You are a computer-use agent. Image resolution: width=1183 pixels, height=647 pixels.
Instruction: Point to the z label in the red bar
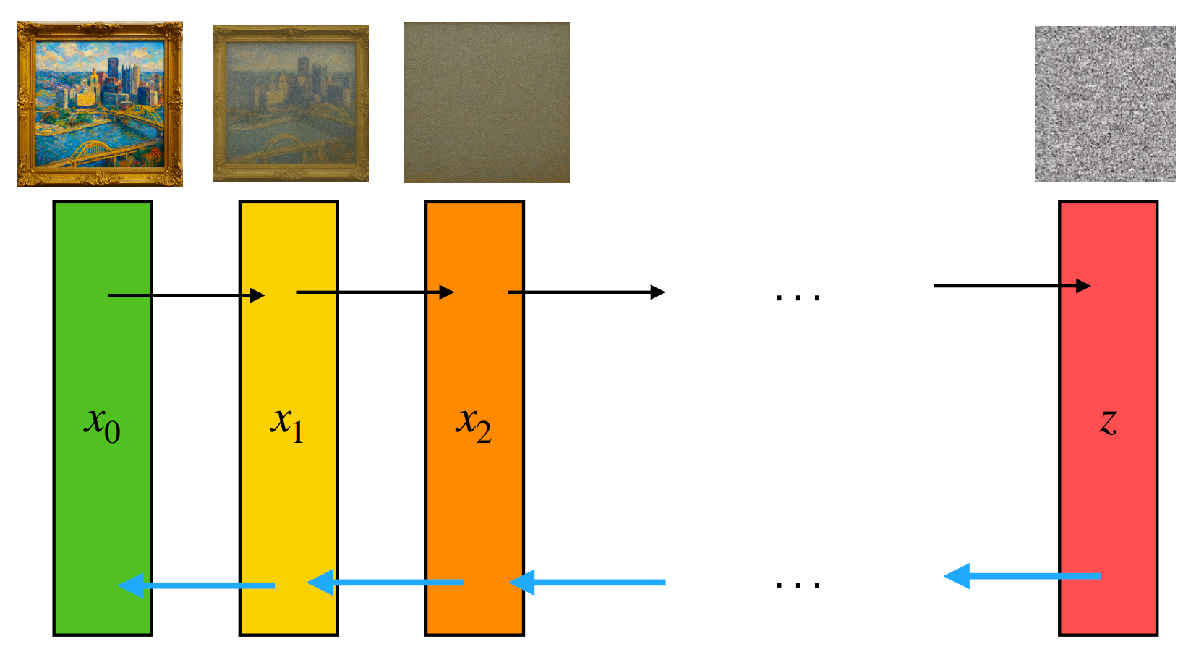point(1108,422)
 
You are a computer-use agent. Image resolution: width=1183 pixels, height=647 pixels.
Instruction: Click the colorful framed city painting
point(100,104)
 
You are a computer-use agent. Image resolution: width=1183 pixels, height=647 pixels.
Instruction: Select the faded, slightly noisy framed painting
point(291,103)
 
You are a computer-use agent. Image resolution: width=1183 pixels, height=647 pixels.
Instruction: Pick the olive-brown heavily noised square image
point(487,103)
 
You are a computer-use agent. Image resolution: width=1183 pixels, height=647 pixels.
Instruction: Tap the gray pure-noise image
point(1105,104)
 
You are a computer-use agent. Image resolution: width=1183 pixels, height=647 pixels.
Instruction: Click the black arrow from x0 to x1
point(186,295)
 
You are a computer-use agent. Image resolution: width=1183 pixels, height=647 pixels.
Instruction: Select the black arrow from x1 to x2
point(375,292)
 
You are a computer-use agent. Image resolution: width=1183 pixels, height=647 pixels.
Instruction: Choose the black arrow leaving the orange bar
point(586,292)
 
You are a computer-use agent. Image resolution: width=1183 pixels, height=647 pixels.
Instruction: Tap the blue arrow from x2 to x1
point(386,582)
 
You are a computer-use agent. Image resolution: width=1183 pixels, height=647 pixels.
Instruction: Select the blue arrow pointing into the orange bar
point(587,582)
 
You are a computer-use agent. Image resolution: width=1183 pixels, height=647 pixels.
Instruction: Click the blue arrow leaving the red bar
point(1022,576)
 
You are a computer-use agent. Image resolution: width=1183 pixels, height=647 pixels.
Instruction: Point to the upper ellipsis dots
point(798,297)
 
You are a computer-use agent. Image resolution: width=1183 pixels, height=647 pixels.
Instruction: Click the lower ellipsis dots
point(798,584)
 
